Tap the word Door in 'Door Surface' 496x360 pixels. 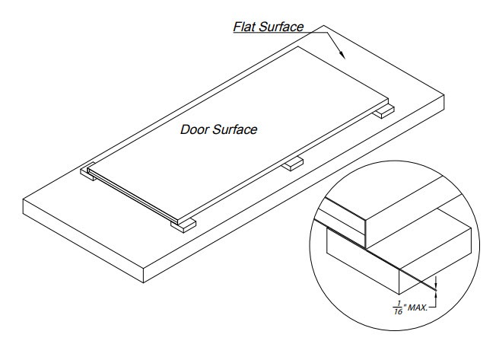[x=193, y=129]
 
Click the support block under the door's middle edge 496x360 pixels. [x=293, y=164]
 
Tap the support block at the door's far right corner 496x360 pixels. [x=383, y=112]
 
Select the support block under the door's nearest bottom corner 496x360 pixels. [x=186, y=225]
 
